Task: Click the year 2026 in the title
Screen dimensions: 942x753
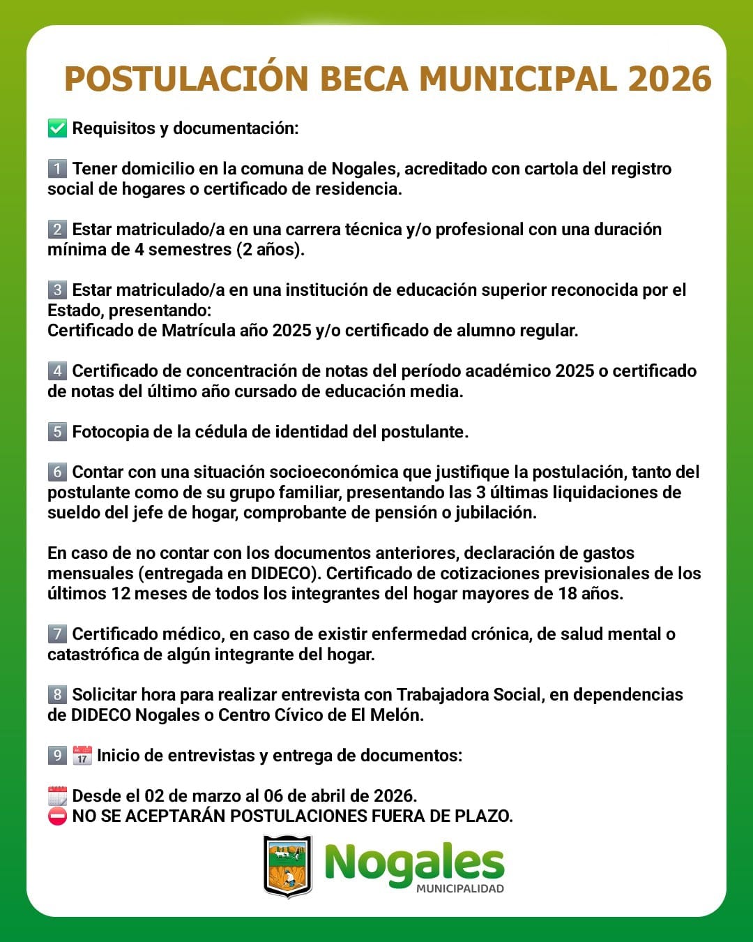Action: point(669,79)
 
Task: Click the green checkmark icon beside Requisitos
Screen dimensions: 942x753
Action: point(57,128)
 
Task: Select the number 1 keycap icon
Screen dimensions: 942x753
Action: point(57,168)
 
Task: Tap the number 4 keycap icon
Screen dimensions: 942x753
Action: point(57,371)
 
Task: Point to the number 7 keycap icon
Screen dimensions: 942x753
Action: point(57,634)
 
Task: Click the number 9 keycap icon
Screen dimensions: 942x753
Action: point(57,755)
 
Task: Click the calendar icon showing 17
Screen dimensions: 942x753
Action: point(82,755)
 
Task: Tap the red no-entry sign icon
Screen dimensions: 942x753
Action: point(57,816)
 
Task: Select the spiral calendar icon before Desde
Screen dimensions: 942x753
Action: point(57,795)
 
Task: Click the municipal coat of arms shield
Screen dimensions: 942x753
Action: point(287,865)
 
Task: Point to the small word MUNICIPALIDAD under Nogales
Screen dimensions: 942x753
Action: point(460,889)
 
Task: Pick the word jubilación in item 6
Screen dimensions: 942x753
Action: point(496,512)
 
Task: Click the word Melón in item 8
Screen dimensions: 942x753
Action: point(401,715)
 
